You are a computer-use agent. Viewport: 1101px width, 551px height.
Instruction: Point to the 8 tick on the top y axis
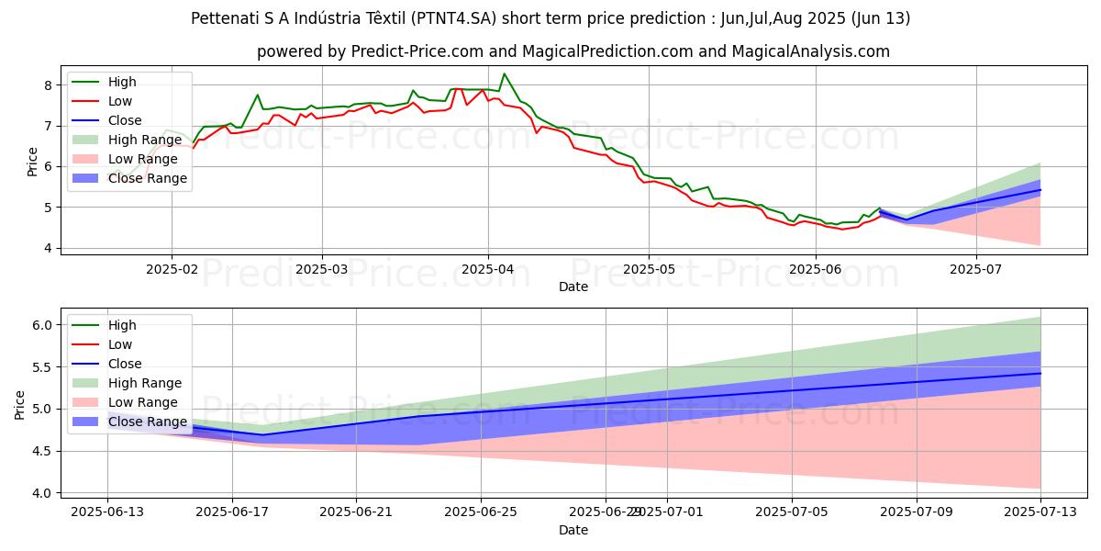48,85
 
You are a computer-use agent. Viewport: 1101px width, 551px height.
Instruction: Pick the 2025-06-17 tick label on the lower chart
232,512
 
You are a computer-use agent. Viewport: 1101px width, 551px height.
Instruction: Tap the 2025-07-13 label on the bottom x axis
1040,512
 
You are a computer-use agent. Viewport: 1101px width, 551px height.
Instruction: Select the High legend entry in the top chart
121,82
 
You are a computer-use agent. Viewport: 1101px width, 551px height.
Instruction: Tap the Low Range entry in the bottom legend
143,402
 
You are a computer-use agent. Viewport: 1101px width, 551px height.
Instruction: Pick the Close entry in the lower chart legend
125,364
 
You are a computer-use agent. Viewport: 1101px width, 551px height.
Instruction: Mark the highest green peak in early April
504,73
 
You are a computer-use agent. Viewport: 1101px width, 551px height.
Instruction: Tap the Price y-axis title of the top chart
33,162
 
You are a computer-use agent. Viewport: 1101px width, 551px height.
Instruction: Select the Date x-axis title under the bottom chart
573,530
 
